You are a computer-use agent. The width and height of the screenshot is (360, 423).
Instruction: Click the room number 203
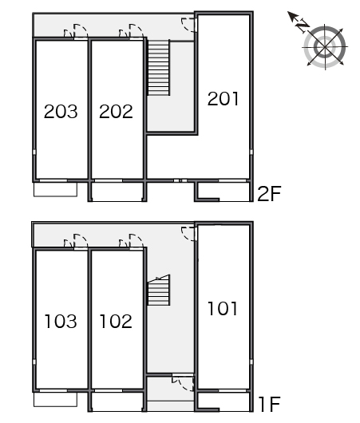click(61, 112)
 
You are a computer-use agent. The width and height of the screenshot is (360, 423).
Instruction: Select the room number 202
click(116, 112)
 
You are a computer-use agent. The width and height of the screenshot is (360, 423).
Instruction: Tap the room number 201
click(224, 98)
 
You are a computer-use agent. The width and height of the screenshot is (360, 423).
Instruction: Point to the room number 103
click(61, 322)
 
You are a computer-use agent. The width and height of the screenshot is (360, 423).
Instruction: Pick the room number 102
click(116, 322)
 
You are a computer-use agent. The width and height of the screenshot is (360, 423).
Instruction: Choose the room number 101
click(223, 308)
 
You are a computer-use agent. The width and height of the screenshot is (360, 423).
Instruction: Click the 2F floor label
click(269, 194)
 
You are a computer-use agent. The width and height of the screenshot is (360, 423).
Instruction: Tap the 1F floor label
click(269, 404)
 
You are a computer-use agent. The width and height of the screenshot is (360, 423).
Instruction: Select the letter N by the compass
click(303, 26)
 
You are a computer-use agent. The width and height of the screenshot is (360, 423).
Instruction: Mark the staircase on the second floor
click(158, 68)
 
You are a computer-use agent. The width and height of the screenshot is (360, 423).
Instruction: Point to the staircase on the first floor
click(158, 290)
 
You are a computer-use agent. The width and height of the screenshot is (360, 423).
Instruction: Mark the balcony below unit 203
click(55, 189)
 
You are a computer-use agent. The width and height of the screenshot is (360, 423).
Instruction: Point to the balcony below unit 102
click(117, 401)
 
